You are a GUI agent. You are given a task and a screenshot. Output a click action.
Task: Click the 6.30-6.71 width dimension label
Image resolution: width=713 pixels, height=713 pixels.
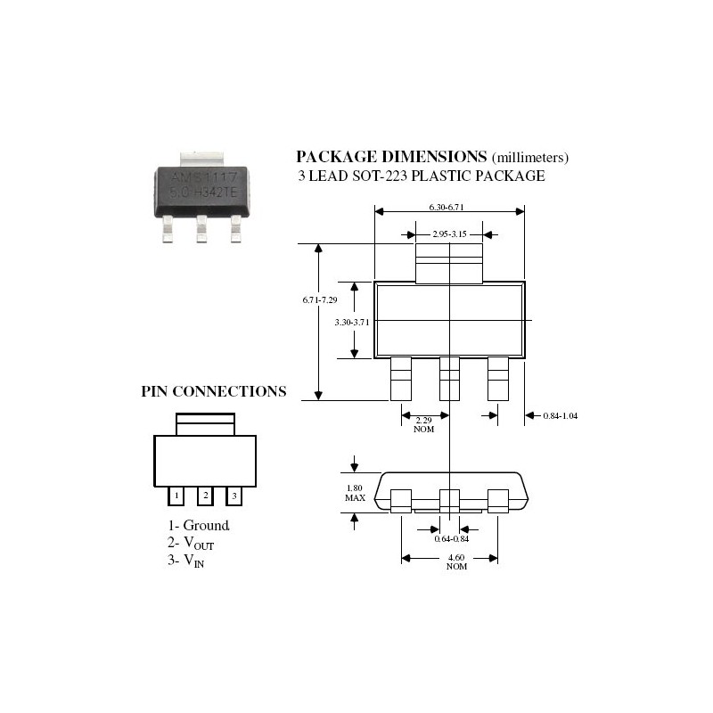tap(447, 207)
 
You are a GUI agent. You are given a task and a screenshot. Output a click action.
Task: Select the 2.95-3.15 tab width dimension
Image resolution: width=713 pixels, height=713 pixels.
tap(449, 234)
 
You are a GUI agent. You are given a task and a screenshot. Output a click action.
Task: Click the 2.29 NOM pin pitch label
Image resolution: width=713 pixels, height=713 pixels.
tap(424, 422)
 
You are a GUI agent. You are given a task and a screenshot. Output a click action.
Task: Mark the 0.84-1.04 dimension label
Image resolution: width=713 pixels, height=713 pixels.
tap(561, 415)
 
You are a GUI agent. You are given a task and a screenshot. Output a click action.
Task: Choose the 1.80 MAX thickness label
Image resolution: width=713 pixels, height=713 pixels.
tap(355, 492)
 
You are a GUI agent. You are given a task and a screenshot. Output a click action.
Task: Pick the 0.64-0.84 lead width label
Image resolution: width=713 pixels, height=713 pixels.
tap(452, 539)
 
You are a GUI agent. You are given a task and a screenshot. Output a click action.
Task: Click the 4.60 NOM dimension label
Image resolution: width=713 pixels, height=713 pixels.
tap(456, 561)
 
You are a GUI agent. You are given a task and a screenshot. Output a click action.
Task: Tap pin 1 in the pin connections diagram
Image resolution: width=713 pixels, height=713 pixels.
tap(176, 495)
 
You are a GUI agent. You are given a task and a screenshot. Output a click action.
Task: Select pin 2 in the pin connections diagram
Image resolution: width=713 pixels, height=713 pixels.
tap(205, 495)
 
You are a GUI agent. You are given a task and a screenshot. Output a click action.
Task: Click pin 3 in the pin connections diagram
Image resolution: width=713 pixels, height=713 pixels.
tap(234, 495)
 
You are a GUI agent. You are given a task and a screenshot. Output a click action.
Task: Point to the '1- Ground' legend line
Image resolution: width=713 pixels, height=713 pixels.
tap(199, 526)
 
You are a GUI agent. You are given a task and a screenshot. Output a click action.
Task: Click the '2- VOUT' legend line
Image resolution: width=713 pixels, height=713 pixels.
tap(191, 543)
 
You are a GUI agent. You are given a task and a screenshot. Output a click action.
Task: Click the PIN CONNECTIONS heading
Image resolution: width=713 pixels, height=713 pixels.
tap(214, 391)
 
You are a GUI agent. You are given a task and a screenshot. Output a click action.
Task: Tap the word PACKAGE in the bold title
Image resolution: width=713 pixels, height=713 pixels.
tap(340, 155)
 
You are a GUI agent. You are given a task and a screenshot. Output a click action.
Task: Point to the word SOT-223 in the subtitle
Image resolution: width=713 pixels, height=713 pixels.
tap(403, 176)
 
